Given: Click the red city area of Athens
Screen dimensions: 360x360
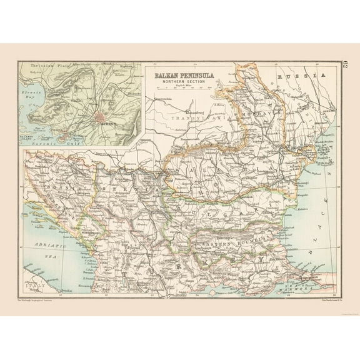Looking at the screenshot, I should (101, 116).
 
